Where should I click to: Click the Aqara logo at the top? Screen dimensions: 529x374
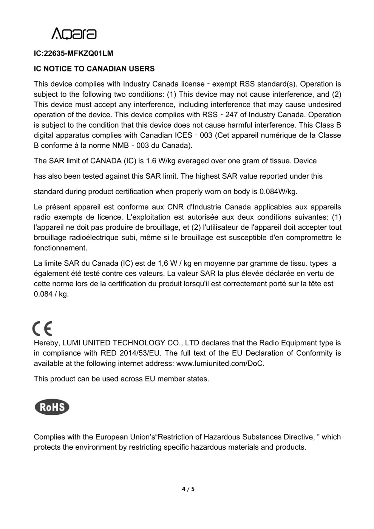coord(74,34)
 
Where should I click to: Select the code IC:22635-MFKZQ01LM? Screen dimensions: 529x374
coord(73,53)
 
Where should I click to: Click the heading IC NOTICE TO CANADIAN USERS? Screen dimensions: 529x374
coord(94,69)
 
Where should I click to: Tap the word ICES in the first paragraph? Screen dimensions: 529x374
coord(183,135)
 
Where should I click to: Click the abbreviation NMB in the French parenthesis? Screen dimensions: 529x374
coord(121,145)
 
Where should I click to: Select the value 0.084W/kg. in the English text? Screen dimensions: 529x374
coord(278,192)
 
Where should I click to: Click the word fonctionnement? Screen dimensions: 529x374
coord(60,248)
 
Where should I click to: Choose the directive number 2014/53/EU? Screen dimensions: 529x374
coord(139,353)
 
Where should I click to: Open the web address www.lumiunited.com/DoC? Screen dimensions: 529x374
coord(220,363)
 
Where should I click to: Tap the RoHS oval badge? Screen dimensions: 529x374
coord(52,407)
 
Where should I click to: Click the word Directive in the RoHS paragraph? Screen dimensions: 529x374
coord(295,437)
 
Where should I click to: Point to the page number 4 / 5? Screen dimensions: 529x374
coord(188,489)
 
